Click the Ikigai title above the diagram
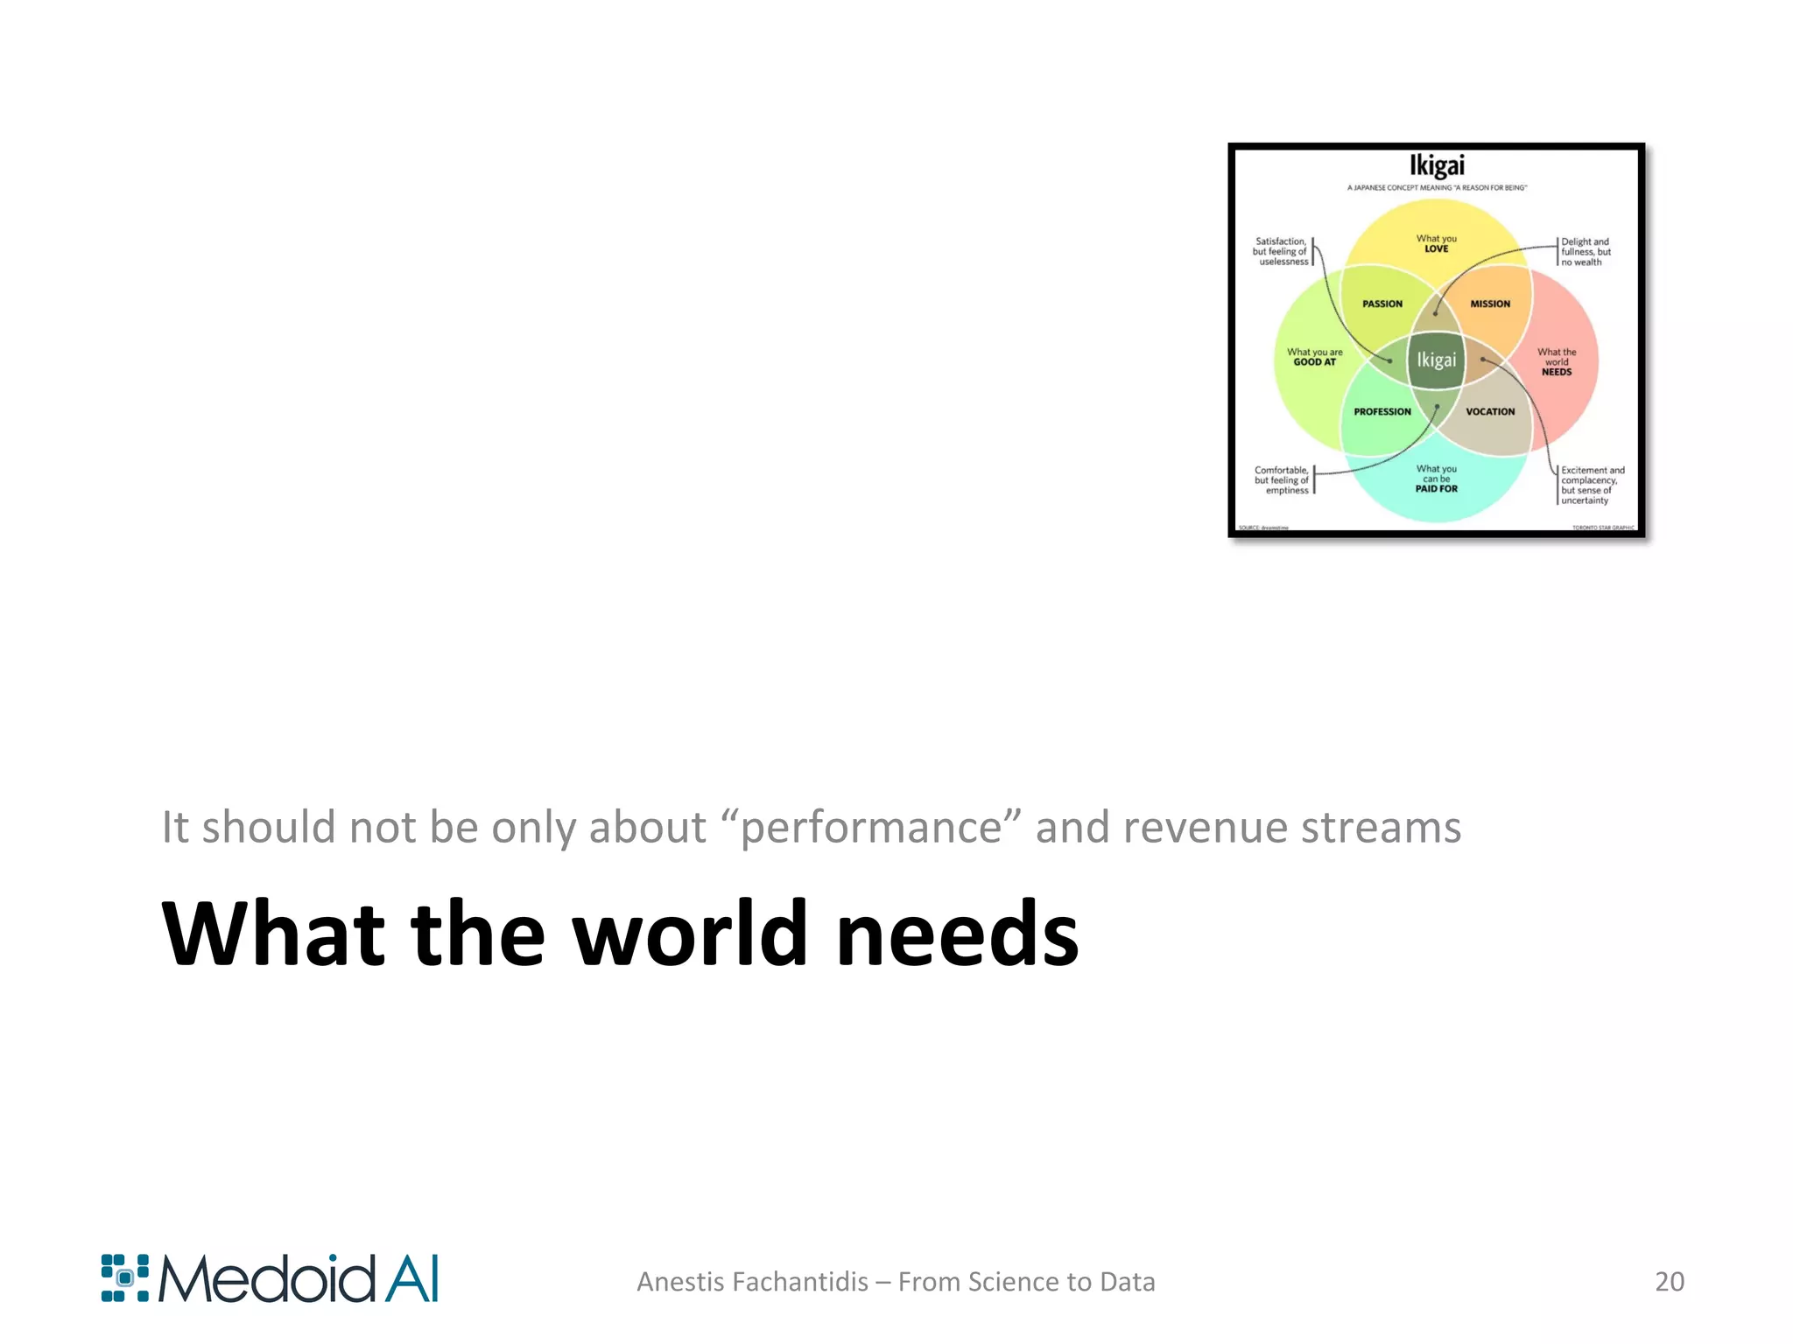coord(1436,165)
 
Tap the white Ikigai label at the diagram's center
coord(1436,360)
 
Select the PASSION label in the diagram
coord(1382,304)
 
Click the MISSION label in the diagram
coord(1490,304)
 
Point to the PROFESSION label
coord(1382,411)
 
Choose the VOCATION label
coord(1490,411)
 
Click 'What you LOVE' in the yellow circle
coord(1436,243)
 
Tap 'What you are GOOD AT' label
coord(1314,357)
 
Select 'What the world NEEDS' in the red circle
coord(1557,361)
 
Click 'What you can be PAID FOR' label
coord(1436,479)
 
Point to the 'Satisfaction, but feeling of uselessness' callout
coord(1281,251)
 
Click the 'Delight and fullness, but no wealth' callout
coord(1586,252)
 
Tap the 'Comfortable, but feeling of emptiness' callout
coord(1282,480)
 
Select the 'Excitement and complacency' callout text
coord(1592,485)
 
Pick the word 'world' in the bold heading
coord(690,934)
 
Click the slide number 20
coord(1669,1281)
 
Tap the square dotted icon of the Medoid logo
coord(124,1278)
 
